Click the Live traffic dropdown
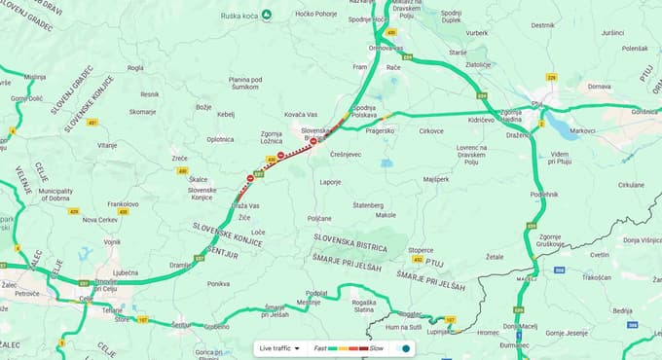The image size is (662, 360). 277,347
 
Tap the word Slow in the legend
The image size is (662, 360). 376,347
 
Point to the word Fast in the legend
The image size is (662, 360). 320,347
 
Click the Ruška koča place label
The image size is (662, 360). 245,16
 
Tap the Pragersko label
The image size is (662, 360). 380,129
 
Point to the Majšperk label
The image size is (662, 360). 436,179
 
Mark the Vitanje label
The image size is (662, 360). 106,145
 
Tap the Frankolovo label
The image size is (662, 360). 123,204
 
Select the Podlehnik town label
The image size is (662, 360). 544,195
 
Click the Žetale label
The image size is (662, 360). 496,256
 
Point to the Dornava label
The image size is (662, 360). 600,86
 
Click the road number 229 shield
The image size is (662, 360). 551,77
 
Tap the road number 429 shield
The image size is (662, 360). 74,210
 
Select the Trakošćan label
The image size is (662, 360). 597,277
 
